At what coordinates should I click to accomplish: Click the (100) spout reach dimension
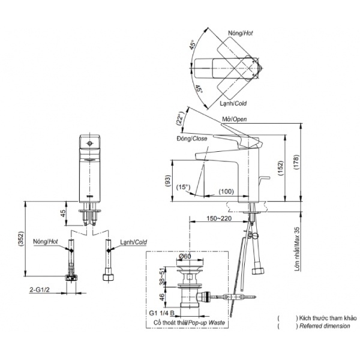point(226,191)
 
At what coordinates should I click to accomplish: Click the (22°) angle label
point(178,118)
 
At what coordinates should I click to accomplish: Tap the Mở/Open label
point(235,119)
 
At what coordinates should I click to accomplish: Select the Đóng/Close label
point(191,139)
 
